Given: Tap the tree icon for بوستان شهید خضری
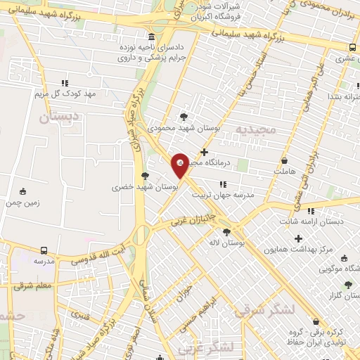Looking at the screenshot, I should tap(145, 176).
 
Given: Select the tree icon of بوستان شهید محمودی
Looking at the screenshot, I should tap(184, 116).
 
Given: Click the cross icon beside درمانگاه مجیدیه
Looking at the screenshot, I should tap(204, 152).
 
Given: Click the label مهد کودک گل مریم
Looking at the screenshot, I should tap(68, 94).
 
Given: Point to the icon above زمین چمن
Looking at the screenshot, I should tap(22, 191).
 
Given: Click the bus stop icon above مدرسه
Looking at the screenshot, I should tap(44, 250).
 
